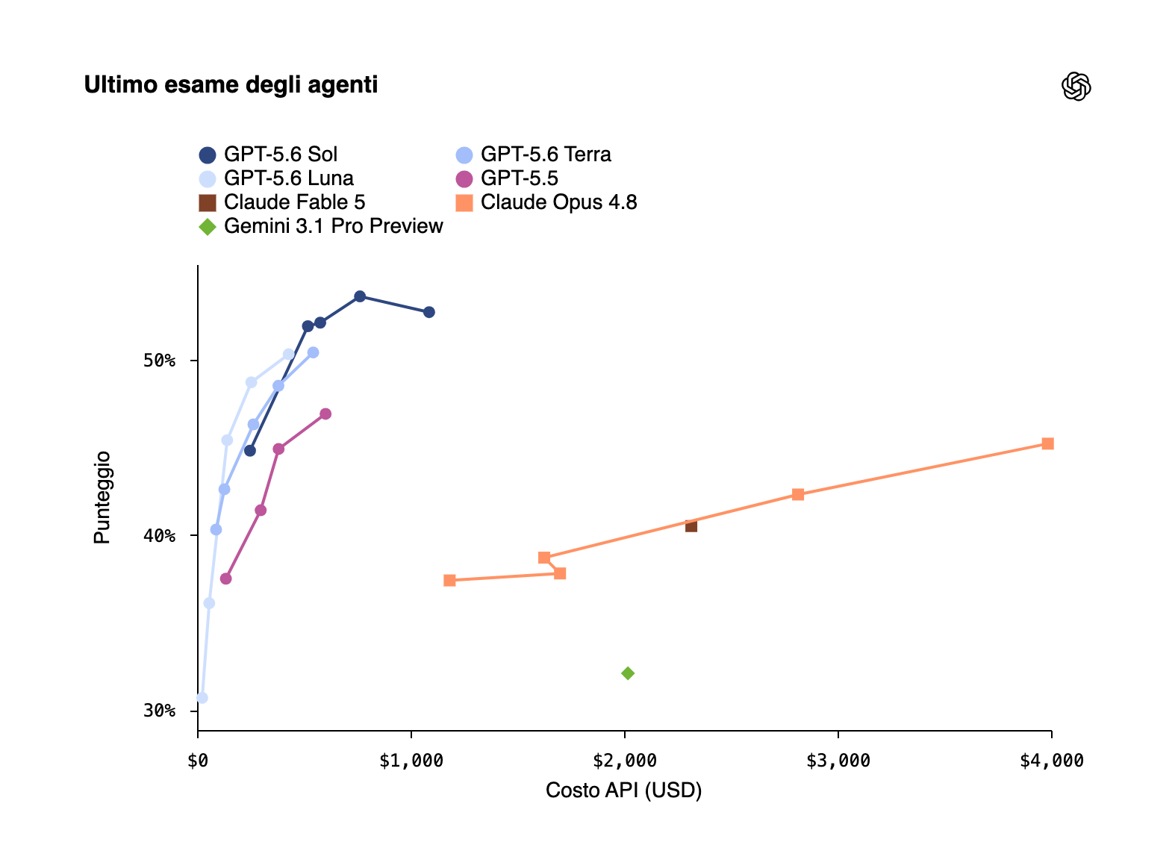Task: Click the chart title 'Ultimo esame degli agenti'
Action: tap(231, 85)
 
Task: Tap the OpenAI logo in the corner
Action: tap(1076, 86)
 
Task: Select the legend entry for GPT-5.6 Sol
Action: tap(268, 155)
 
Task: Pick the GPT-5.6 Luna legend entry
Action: tap(276, 178)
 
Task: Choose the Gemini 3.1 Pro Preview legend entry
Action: tap(321, 227)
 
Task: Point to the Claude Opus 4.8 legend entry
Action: tap(546, 202)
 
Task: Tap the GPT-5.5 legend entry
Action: tap(507, 178)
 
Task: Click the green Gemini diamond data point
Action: tap(628, 673)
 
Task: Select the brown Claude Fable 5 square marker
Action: tap(691, 526)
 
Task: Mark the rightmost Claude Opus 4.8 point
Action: tap(1047, 443)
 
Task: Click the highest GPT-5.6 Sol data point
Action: tap(360, 297)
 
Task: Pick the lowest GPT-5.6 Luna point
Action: tap(202, 698)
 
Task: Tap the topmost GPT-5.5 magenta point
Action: tap(325, 414)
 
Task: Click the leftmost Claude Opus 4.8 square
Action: tap(449, 580)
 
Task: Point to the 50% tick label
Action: tap(160, 361)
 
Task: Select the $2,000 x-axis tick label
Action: tap(625, 761)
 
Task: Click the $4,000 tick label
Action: tap(1052, 761)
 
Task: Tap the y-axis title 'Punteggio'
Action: tap(102, 497)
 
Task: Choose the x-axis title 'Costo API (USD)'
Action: tap(623, 791)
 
